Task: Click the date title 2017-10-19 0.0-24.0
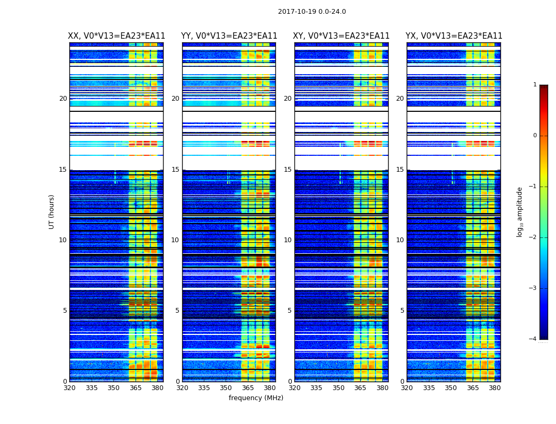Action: point(312,12)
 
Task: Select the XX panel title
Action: point(116,36)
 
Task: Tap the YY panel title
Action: point(229,36)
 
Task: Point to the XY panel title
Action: point(342,36)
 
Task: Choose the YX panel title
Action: point(454,36)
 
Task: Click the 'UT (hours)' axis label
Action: point(52,211)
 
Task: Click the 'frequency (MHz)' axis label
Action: point(256,398)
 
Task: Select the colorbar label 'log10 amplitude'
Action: point(520,211)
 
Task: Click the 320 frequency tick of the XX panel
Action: point(69,388)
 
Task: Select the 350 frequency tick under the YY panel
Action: point(226,388)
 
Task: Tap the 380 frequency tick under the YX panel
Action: point(495,388)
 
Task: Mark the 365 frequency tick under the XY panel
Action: point(361,388)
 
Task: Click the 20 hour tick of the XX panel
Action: point(63,99)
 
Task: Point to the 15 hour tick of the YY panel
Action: point(175,170)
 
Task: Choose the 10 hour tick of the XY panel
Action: point(288,240)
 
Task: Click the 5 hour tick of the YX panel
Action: point(402,311)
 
